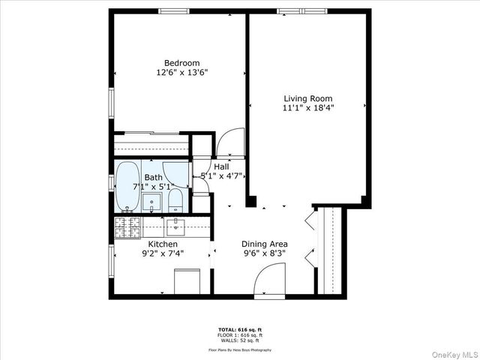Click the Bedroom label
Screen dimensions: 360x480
[x=181, y=63]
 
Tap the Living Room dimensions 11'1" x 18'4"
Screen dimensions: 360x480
[x=307, y=108]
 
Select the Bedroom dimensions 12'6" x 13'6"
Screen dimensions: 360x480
[x=181, y=73]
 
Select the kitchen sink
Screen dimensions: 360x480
[x=175, y=226]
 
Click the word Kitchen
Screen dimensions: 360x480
[x=163, y=244]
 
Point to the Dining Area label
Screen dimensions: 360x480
[x=264, y=244]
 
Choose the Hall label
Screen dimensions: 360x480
[x=221, y=166]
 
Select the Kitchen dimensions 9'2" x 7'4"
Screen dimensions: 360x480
[x=163, y=254]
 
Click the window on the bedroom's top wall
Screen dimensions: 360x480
[x=173, y=11]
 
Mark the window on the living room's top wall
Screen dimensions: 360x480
[x=302, y=11]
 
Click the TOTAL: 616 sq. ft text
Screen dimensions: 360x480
[x=240, y=330]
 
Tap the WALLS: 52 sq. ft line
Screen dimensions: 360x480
[x=240, y=340]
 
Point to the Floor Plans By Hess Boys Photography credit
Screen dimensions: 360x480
[x=240, y=349]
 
